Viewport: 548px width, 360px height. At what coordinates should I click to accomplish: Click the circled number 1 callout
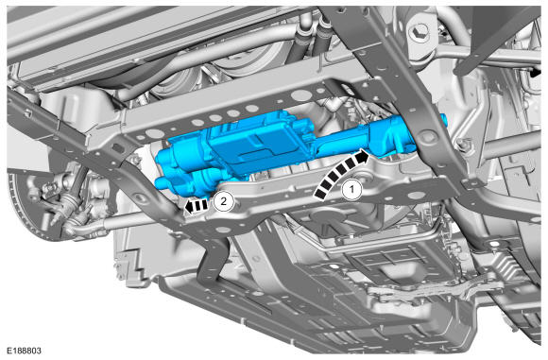click(x=351, y=189)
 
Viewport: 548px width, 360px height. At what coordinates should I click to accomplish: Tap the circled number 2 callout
click(x=224, y=201)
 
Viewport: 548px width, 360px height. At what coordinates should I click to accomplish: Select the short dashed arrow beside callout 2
click(x=197, y=206)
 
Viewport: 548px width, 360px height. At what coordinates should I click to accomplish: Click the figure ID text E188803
click(x=24, y=351)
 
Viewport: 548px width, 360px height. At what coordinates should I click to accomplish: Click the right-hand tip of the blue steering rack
click(x=444, y=119)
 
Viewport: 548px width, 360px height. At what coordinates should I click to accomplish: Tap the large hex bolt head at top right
click(x=420, y=32)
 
